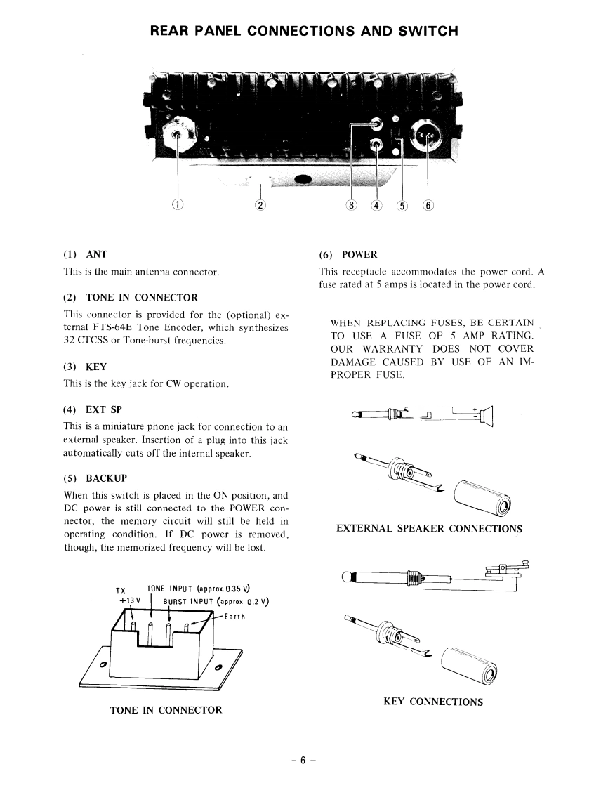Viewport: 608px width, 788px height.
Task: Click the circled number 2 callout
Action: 260,205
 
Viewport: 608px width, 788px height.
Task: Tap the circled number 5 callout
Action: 402,206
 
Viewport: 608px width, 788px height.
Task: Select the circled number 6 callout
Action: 428,206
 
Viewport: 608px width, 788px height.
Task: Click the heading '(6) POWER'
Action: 348,254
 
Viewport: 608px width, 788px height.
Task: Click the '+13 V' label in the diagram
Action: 131,601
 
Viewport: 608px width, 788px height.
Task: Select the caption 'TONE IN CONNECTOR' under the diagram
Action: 166,710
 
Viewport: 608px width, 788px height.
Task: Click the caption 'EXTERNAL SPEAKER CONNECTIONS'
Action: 430,528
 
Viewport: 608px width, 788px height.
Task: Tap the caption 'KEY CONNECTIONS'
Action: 433,701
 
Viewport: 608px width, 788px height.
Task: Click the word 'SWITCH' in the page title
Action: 427,31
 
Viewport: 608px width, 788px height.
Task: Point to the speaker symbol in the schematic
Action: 487,417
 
